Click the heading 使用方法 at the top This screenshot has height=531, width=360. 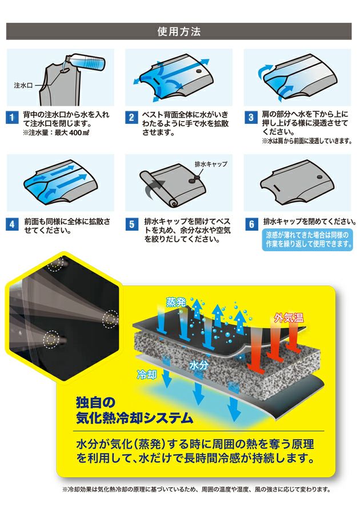click(x=179, y=31)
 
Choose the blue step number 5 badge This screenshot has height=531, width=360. click(x=131, y=223)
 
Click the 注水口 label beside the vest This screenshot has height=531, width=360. click(x=23, y=85)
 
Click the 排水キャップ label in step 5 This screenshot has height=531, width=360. click(x=211, y=164)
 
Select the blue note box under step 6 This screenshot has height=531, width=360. click(x=307, y=239)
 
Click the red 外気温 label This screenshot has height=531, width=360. click(x=289, y=317)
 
